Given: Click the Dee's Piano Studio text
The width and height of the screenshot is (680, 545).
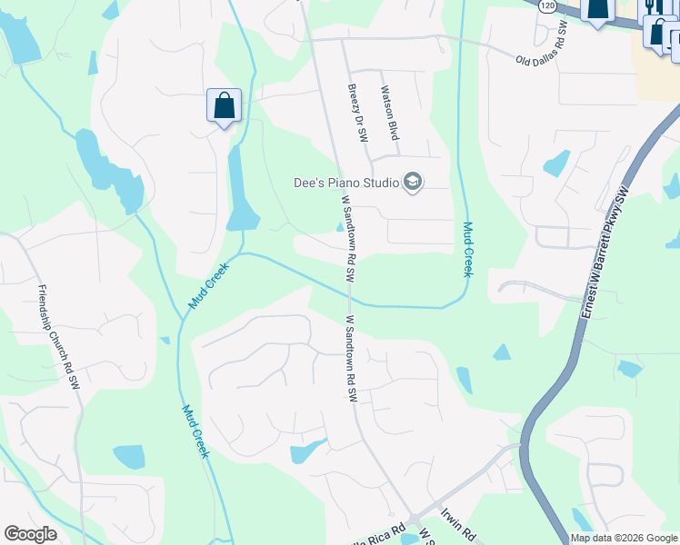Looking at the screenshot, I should tap(346, 183).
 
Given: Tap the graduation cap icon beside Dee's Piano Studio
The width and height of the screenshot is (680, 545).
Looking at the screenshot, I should tap(413, 183).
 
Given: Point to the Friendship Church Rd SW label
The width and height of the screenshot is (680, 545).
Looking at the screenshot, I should tap(57, 336).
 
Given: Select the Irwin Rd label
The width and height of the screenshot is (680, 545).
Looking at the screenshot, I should tap(458, 525).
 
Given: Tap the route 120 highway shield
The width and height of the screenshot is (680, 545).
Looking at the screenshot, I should tap(545, 5).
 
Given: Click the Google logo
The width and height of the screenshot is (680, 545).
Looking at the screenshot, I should tap(30, 534).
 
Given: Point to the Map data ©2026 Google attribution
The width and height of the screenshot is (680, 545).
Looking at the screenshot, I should tap(624, 538).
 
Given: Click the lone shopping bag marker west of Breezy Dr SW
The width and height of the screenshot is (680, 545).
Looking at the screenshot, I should tap(223, 106).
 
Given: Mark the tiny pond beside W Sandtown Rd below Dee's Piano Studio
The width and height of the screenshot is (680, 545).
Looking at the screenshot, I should tap(340, 228).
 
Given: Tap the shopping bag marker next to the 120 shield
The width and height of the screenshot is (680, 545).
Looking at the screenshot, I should tap(596, 11).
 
